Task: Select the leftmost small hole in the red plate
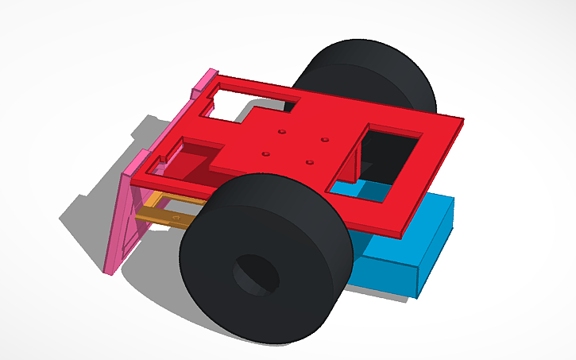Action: (266, 153)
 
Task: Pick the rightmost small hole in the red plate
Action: (325, 141)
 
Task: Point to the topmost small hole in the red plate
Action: (281, 131)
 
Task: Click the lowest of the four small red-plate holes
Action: (310, 163)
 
